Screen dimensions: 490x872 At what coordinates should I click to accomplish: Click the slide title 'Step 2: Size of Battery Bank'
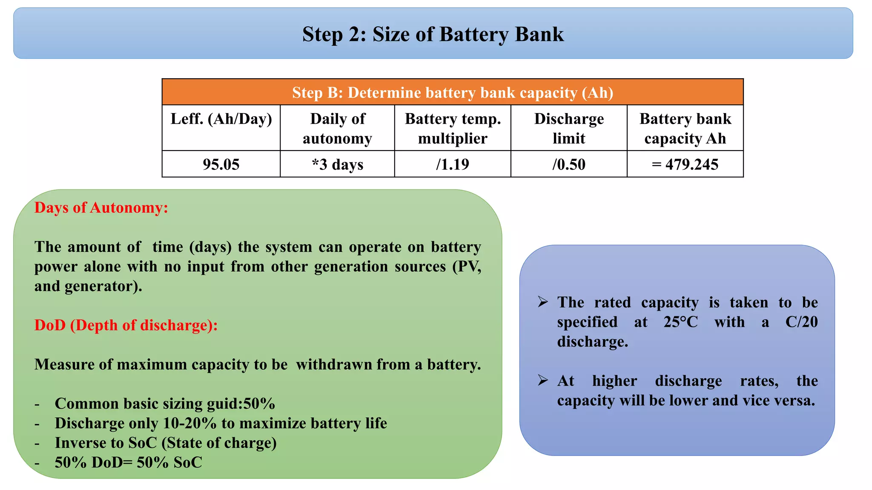pos(433,34)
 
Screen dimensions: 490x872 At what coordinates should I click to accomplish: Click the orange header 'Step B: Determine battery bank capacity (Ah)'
pos(453,92)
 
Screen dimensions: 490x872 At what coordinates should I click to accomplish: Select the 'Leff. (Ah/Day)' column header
pos(221,119)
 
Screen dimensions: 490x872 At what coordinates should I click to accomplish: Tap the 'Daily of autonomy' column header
pos(337,128)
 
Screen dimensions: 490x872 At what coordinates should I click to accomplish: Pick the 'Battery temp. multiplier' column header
pos(453,128)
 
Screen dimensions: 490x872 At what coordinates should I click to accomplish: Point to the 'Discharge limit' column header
pos(569,128)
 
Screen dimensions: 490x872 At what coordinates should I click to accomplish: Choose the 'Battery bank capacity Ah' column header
pos(685,128)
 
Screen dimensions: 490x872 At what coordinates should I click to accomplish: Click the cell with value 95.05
pos(221,164)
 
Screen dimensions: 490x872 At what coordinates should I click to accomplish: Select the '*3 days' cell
pos(337,164)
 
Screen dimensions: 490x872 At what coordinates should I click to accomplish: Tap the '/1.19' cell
pos(453,164)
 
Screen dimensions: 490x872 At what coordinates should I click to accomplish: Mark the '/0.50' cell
pos(569,164)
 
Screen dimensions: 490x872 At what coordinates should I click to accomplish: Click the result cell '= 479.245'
pos(685,164)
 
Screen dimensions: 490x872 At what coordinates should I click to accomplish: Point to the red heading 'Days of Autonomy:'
pos(101,208)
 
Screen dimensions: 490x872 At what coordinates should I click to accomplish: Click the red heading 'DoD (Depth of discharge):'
pos(126,325)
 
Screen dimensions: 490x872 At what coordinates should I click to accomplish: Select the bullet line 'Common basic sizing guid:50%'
pos(165,403)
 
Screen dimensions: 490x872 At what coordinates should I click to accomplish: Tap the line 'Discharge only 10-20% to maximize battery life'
pos(221,423)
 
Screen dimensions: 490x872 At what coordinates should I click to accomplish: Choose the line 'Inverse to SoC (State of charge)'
pos(166,443)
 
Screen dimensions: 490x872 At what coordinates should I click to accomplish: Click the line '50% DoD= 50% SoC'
pos(128,462)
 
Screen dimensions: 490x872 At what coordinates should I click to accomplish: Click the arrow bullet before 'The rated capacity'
pos(542,302)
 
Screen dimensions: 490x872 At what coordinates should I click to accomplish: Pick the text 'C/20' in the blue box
pos(801,322)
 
